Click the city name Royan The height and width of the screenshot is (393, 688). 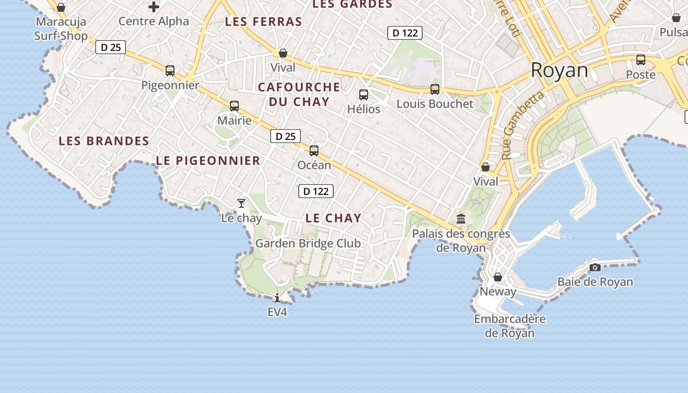pyautogui.click(x=559, y=70)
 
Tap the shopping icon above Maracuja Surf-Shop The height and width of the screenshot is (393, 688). pyautogui.click(x=61, y=7)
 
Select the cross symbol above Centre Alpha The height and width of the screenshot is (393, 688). pyautogui.click(x=154, y=7)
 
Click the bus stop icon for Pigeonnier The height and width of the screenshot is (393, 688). pyautogui.click(x=170, y=71)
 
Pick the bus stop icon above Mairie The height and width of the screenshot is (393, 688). pyautogui.click(x=234, y=106)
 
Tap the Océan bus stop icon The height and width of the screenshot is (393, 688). pyautogui.click(x=314, y=151)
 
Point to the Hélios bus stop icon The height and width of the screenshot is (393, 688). pyautogui.click(x=364, y=95)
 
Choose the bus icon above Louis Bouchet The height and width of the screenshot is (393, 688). pyautogui.click(x=435, y=89)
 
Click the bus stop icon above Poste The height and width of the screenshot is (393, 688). pyautogui.click(x=641, y=60)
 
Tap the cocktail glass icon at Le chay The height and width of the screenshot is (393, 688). pyautogui.click(x=241, y=203)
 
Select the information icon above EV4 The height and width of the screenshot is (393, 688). pyautogui.click(x=277, y=298)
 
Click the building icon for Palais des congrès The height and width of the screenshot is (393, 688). pyautogui.click(x=461, y=219)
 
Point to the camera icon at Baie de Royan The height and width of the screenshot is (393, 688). pyautogui.click(x=595, y=267)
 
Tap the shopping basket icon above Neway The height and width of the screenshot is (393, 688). pyautogui.click(x=498, y=277)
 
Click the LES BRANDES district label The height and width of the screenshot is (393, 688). pyautogui.click(x=104, y=141)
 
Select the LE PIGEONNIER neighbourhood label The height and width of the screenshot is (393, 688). pyautogui.click(x=208, y=161)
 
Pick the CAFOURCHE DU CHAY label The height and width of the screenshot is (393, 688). pyautogui.click(x=299, y=94)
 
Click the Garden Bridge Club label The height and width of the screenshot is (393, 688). pyautogui.click(x=308, y=243)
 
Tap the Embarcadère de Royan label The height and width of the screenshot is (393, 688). pyautogui.click(x=510, y=326)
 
